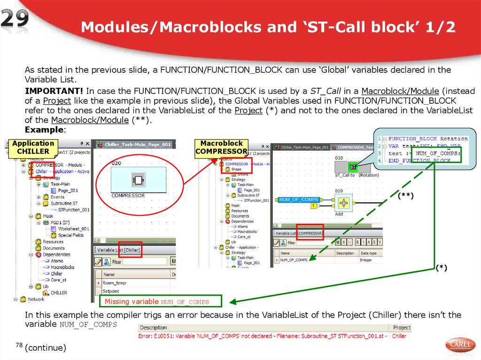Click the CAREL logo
[460, 345]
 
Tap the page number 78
[19, 345]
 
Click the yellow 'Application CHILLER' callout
[33, 147]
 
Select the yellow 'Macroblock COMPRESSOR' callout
[221, 147]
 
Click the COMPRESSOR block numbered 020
[138, 179]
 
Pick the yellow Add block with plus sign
[345, 202]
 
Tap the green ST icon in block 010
[353, 166]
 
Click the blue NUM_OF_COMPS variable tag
[299, 200]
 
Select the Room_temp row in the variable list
[115, 283]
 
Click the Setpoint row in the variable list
[111, 291]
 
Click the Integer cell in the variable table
[366, 260]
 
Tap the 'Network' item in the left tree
[36, 299]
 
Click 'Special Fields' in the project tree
[71, 235]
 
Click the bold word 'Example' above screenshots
[44, 129]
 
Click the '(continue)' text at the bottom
[46, 348]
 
